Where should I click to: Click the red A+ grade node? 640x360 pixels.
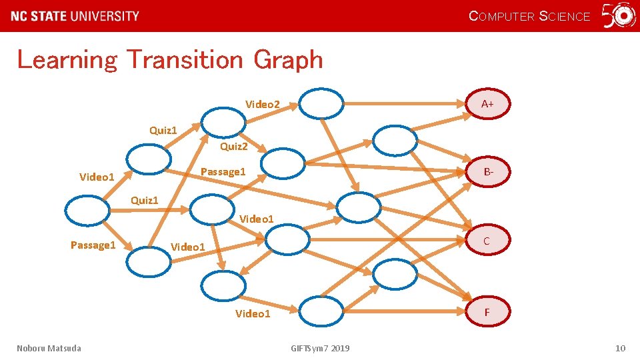pyautogui.click(x=487, y=103)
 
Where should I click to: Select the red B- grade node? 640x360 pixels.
pyautogui.click(x=489, y=172)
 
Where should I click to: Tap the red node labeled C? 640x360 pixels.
pyautogui.click(x=487, y=241)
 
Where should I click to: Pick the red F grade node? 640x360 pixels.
pyautogui.click(x=487, y=311)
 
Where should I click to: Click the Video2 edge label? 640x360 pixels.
pyautogui.click(x=263, y=104)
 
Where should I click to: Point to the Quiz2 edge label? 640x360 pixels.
pyautogui.click(x=233, y=146)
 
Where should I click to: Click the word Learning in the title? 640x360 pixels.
pyautogui.click(x=67, y=60)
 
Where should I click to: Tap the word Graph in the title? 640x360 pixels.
pyautogui.click(x=288, y=60)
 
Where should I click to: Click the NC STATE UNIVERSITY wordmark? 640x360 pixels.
pyautogui.click(x=75, y=16)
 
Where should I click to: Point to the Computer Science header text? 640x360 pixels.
pyautogui.click(x=530, y=16)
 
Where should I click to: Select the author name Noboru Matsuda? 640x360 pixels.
pyautogui.click(x=49, y=348)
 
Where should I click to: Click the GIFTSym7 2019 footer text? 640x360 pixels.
pyautogui.click(x=320, y=348)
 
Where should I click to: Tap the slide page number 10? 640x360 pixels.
pyautogui.click(x=620, y=348)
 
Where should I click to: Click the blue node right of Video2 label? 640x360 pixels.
pyautogui.click(x=321, y=103)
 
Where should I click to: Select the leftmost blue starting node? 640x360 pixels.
pyautogui.click(x=87, y=211)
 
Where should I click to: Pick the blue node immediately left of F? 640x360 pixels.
pyautogui.click(x=321, y=311)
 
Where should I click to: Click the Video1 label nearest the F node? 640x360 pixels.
pyautogui.click(x=253, y=314)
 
